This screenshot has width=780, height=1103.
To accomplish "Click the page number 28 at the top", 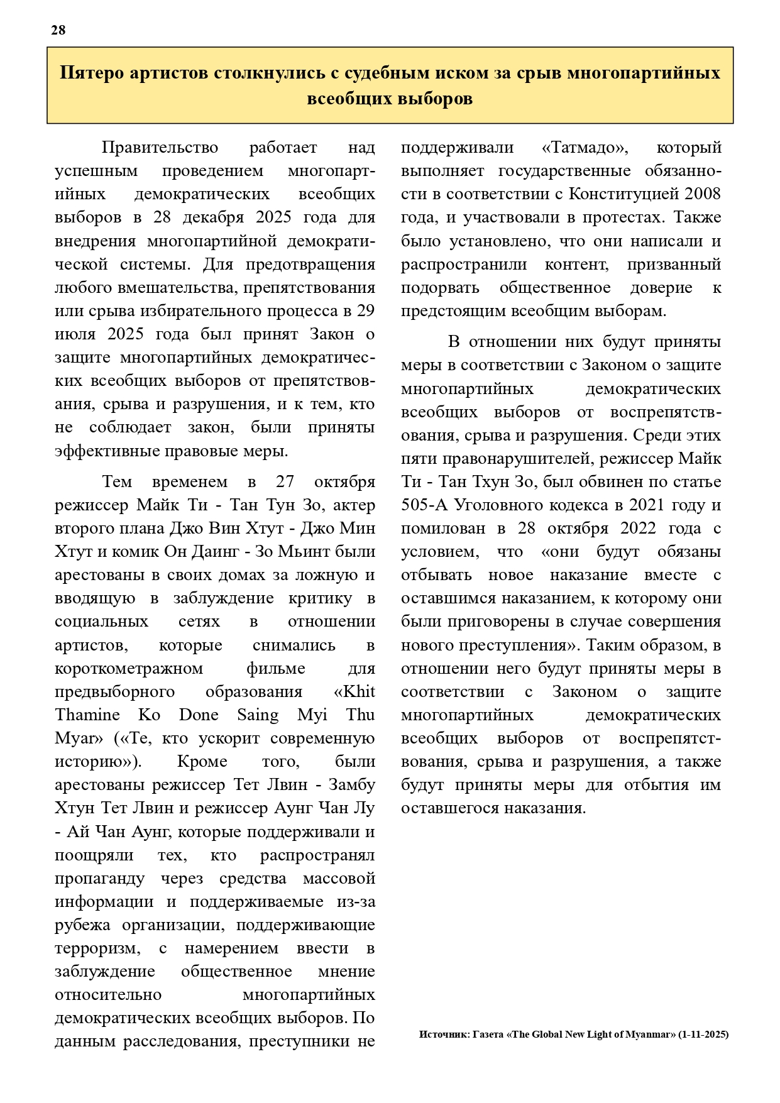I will pos(58,30).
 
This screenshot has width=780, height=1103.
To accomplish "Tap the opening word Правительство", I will pos(160,148).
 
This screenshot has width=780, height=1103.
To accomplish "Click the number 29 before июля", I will pos(365,310).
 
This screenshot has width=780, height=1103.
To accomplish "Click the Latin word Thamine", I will pos(87,715).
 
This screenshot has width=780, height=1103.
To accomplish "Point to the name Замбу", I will pos(351,784).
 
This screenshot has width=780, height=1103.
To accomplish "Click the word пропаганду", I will pos(99,877).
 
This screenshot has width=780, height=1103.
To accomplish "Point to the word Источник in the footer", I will pos(443,1034).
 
